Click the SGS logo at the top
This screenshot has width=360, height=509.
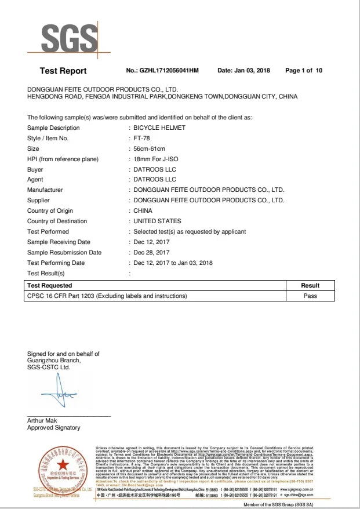tap(69, 39)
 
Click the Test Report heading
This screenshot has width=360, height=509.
tap(63, 71)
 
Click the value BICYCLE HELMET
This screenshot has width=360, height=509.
tap(159, 128)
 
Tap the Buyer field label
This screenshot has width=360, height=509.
tap(35, 169)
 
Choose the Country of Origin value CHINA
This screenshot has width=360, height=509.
tap(143, 211)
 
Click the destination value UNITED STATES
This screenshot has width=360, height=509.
tap(157, 221)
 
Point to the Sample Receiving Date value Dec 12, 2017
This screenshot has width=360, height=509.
tap(151, 242)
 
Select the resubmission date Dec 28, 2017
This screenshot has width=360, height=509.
tap(151, 253)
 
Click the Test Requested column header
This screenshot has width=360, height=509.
tap(49, 285)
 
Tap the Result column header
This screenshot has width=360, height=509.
tap(310, 285)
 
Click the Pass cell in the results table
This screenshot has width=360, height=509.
tap(310, 296)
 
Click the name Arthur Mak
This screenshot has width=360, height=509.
tap(42, 420)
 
